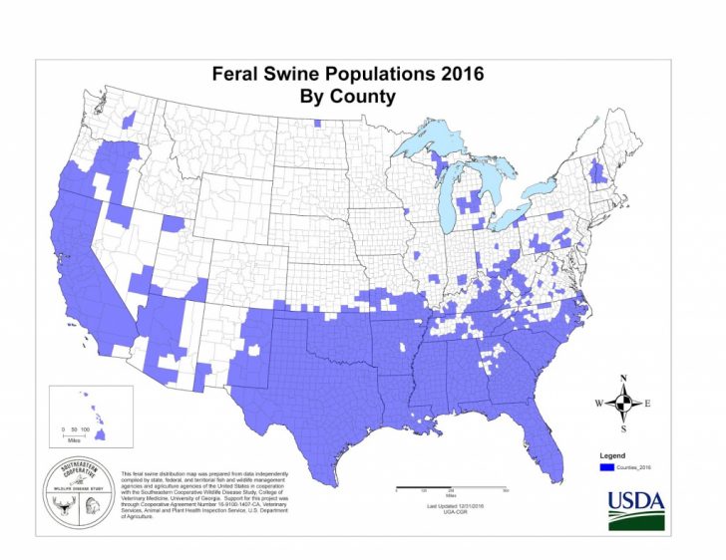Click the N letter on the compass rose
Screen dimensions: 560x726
pos(623,378)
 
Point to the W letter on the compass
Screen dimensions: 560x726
pos(598,404)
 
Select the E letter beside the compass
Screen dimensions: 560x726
pos(648,404)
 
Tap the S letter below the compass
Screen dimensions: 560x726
pos(623,429)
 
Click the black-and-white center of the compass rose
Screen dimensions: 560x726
pos(623,404)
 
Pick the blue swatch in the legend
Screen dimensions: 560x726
pos(604,466)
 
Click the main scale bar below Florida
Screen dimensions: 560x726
pos(451,489)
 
